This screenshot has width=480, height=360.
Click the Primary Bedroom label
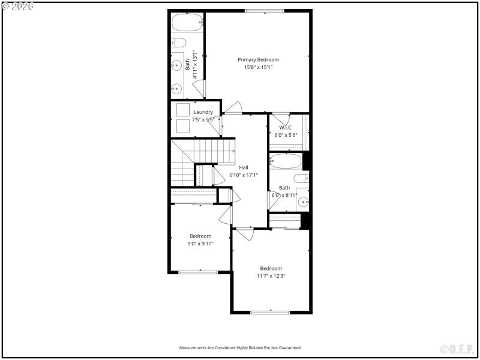click(258, 59)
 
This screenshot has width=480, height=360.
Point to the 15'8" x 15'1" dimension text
click(258, 68)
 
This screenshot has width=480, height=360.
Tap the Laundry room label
click(203, 112)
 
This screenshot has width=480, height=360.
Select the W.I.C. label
click(286, 127)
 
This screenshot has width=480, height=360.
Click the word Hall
click(244, 167)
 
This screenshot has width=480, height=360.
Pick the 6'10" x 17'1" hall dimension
click(244, 175)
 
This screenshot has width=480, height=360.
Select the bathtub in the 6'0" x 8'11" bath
click(285, 161)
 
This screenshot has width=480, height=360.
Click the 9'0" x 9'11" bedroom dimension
click(200, 244)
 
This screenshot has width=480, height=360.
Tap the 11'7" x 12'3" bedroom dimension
click(271, 276)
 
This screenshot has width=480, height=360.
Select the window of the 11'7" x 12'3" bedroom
click(270, 312)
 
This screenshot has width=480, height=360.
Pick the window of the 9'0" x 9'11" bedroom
click(198, 272)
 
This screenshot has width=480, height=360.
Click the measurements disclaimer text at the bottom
click(240, 347)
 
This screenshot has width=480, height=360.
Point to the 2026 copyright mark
click(18, 5)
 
